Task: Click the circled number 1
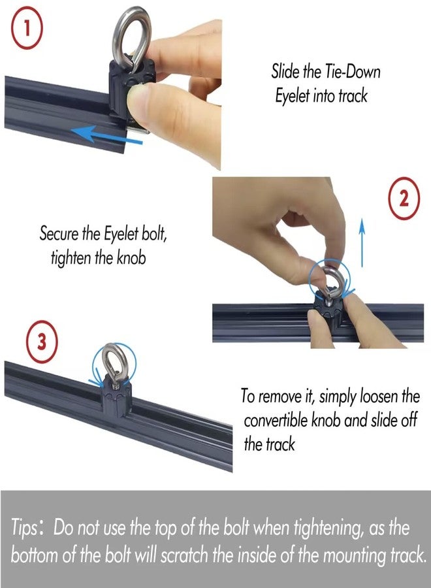27,29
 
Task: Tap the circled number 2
404,198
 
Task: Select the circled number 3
42,342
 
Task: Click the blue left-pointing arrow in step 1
107,135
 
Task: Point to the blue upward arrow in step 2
362,242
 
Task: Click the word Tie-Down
352,71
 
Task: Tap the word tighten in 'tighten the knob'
71,258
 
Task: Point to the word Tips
24,528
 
